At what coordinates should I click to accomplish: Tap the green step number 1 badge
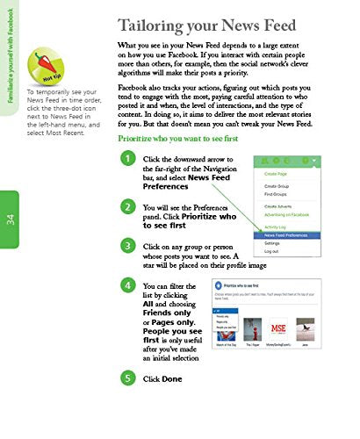(x=128, y=159)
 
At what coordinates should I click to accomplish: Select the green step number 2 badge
(x=128, y=206)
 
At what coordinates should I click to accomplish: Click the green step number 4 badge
(x=128, y=286)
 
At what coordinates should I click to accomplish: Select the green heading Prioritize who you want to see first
(x=187, y=140)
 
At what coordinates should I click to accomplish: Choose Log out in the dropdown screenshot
(x=273, y=252)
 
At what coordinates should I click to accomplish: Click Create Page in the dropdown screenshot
(x=277, y=174)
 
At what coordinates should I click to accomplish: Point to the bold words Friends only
(x=167, y=313)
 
